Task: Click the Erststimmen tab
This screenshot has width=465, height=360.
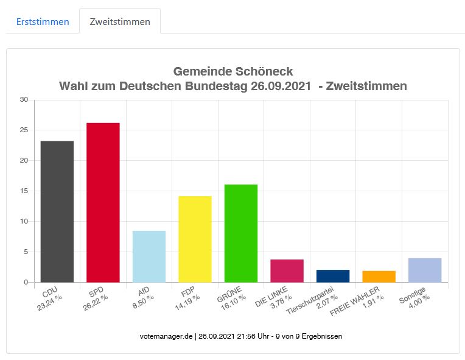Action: (x=42, y=22)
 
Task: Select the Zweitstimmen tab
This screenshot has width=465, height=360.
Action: (x=120, y=22)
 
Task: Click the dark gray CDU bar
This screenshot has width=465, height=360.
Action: (x=57, y=211)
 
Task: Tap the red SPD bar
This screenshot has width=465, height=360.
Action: (x=103, y=202)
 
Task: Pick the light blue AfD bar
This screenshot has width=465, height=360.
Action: (x=149, y=256)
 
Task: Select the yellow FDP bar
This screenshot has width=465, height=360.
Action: (x=195, y=239)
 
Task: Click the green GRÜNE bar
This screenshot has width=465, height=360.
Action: (x=241, y=233)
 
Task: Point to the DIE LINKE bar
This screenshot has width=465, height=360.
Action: (x=287, y=270)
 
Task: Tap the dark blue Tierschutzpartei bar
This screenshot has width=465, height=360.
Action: (x=333, y=275)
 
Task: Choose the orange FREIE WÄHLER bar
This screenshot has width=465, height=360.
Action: (x=379, y=276)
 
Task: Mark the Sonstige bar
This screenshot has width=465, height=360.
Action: (x=425, y=270)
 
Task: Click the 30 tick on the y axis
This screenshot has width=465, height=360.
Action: (x=24, y=99)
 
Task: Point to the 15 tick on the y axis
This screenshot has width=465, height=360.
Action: (x=24, y=191)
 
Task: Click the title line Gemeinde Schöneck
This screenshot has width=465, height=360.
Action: (x=233, y=71)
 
